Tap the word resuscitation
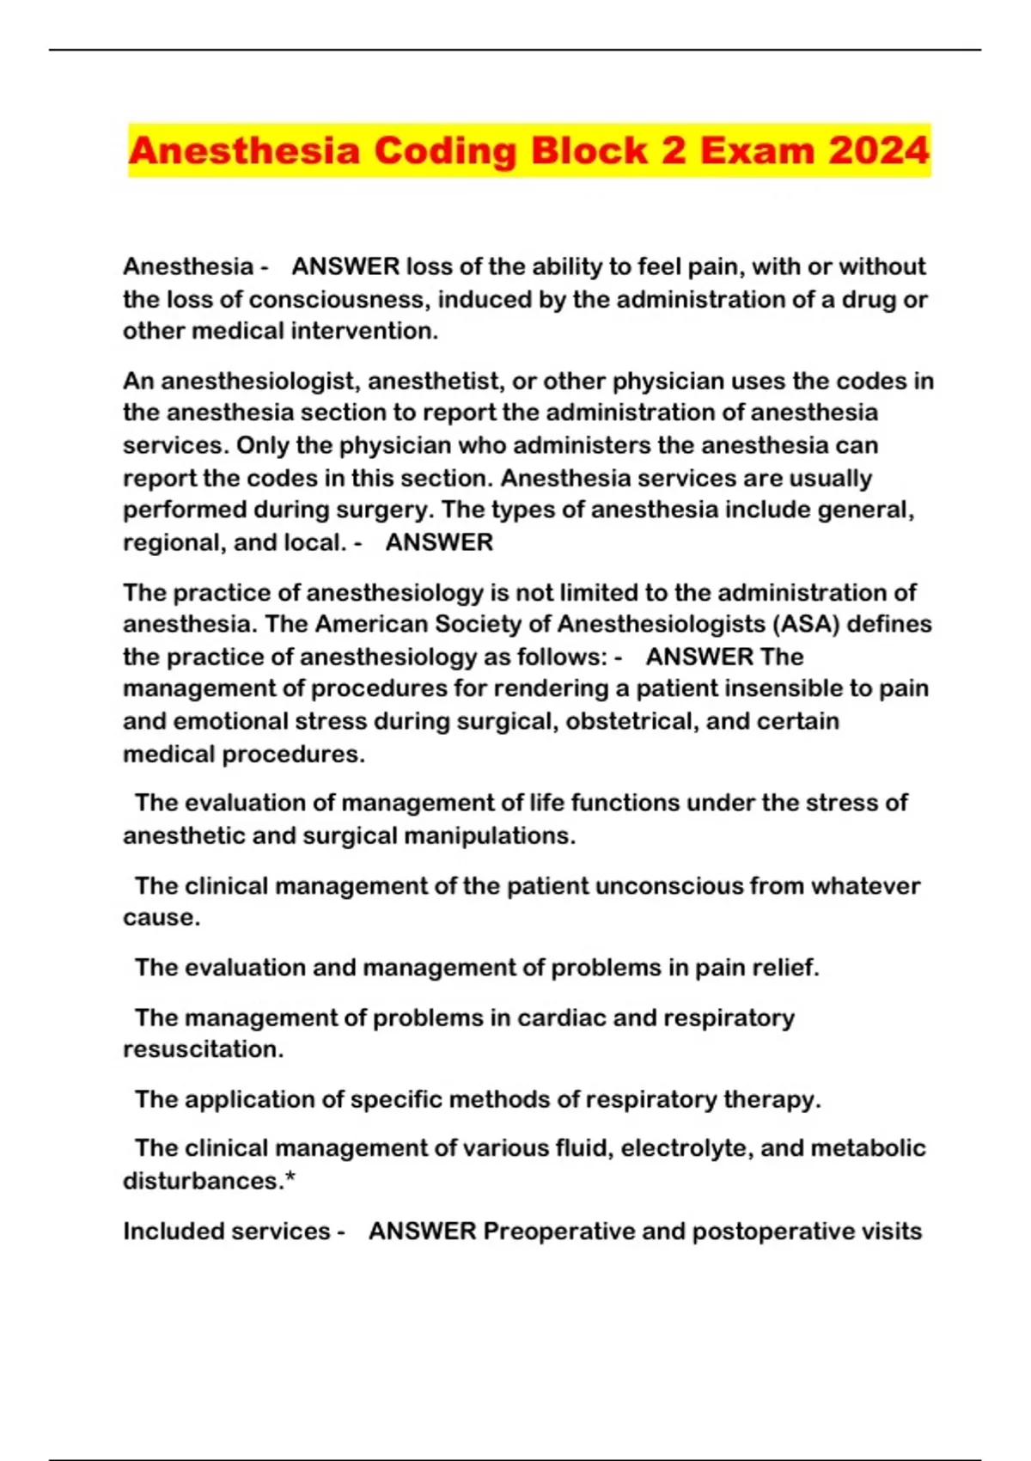[x=203, y=1049]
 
